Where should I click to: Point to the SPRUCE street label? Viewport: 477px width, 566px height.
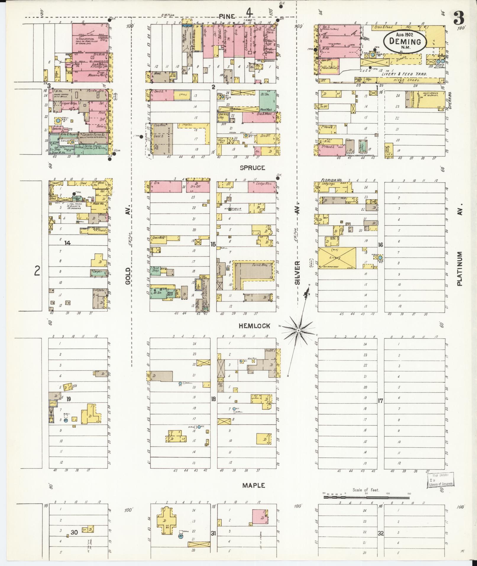coord(252,168)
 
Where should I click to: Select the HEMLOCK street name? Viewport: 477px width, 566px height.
coord(255,326)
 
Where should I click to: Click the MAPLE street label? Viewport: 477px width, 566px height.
coord(253,485)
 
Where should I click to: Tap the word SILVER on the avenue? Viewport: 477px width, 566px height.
coord(297,272)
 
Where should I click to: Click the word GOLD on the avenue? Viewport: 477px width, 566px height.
coord(128,276)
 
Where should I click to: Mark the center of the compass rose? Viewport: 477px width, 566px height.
coord(299,330)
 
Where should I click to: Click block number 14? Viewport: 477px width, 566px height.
coord(68,243)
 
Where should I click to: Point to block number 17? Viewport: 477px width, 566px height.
coord(380,401)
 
